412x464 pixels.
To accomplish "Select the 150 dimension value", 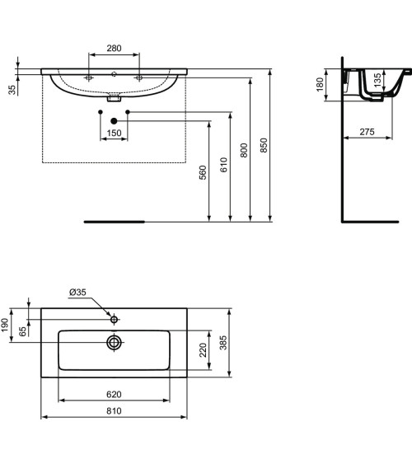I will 114,132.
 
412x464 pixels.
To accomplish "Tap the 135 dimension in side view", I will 377,82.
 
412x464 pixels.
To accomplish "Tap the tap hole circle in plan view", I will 114,318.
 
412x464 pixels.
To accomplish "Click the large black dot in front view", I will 114,121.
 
